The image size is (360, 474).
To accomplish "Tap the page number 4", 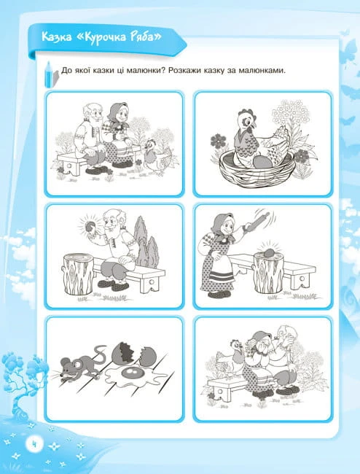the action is [x=34, y=445].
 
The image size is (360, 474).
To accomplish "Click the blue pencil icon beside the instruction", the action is [x=49, y=74].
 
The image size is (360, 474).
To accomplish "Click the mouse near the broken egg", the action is [x=79, y=365].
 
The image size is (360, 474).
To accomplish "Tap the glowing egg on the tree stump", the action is [x=269, y=252].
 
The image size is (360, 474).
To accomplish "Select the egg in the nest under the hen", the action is [x=262, y=163].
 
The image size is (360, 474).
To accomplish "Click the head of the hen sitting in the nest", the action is [x=246, y=119].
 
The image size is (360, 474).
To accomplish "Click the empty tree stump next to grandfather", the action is [x=78, y=273].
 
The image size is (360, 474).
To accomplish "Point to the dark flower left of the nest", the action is [x=219, y=141].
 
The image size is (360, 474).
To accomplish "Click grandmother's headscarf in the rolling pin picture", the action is [x=222, y=226].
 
